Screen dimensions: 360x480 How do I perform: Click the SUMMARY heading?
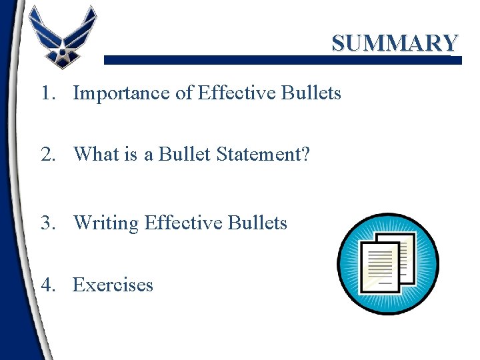pos(395,43)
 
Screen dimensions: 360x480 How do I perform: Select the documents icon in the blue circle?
pos(387,264)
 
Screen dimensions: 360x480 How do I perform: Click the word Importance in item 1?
pos(121,93)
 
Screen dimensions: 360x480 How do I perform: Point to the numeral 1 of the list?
pos(46,93)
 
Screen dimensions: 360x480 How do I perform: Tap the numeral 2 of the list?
pos(46,154)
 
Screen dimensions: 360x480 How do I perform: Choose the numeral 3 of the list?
pos(46,222)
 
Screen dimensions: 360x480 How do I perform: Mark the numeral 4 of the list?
pos(46,285)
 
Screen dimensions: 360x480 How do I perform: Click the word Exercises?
pos(113,285)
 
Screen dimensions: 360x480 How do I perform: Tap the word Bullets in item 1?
pos(311,93)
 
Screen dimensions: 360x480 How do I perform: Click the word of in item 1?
pos(184,93)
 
